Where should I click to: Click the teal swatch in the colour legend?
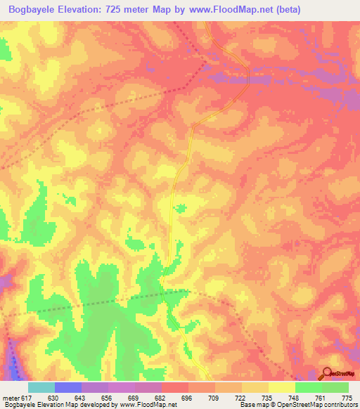click(41, 388)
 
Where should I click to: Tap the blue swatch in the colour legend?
click(67, 388)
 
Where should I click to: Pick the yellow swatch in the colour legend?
click(282, 388)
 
